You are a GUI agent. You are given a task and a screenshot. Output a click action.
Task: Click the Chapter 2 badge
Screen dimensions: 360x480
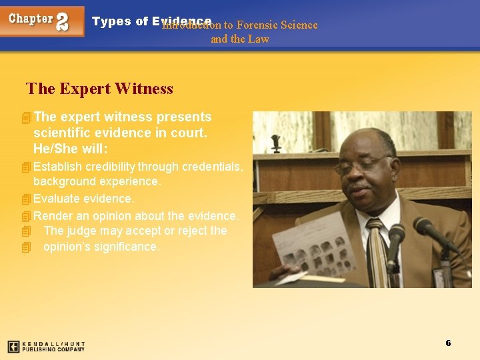pos(43,21)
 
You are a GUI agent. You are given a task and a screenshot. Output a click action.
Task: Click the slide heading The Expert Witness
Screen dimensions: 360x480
pos(99,89)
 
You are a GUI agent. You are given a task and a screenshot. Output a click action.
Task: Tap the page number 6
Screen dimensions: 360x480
pos(448,343)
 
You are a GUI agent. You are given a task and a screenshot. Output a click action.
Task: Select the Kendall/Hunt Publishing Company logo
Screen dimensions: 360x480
pos(46,347)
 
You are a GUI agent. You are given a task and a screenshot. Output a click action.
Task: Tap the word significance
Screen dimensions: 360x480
pos(128,247)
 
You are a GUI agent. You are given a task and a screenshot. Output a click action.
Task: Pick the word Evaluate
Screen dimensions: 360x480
pos(56,199)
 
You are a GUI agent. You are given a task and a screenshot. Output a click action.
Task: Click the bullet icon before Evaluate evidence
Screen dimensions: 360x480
pos(26,199)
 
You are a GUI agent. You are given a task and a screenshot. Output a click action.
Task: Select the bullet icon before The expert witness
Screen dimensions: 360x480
pos(26,118)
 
